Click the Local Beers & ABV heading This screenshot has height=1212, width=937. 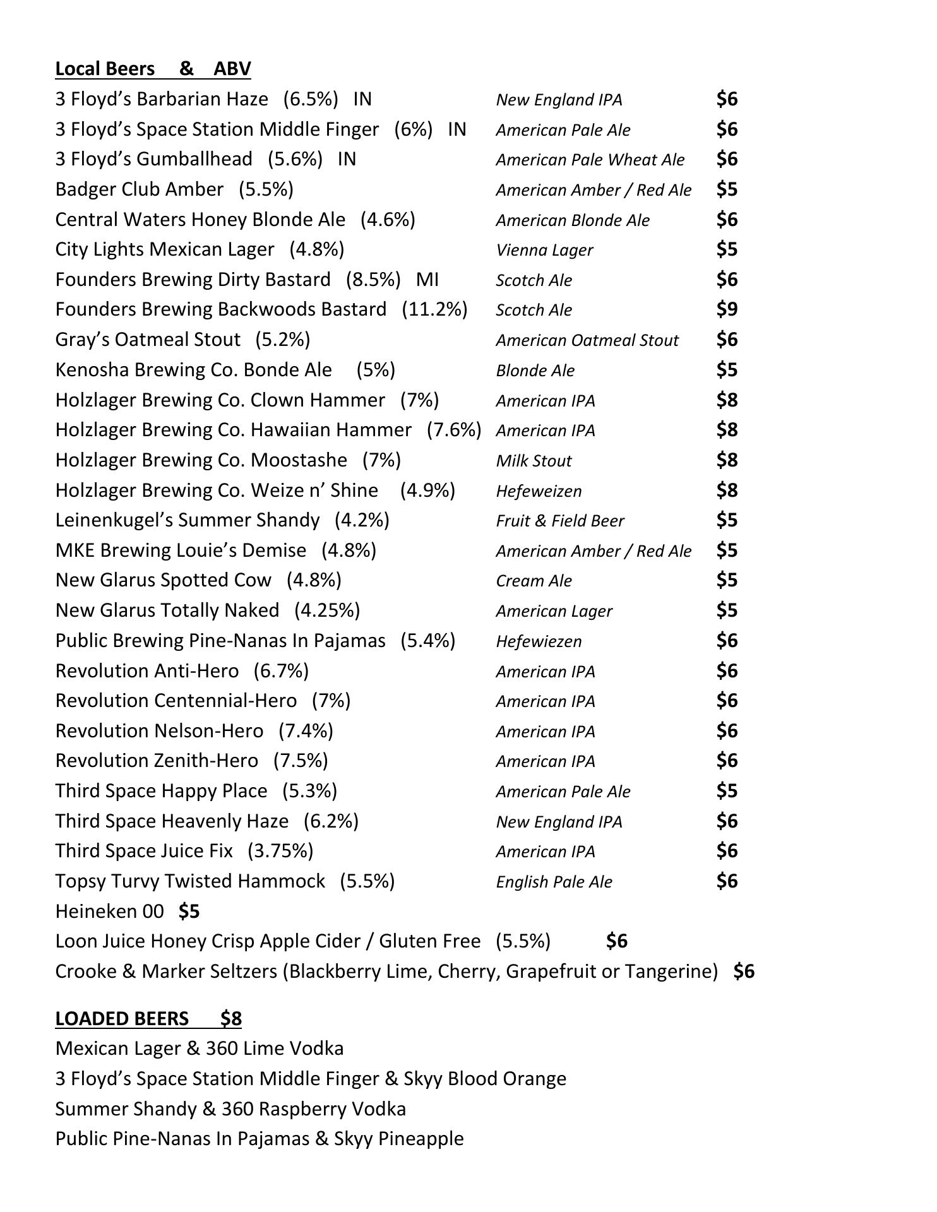[x=153, y=68]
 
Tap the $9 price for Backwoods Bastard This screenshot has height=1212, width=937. [x=727, y=309]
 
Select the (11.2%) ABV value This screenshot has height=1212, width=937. [x=434, y=309]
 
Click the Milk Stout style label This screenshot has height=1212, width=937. [x=534, y=461]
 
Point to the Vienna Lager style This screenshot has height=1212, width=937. [x=544, y=250]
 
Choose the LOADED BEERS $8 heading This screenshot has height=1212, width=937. [x=148, y=1018]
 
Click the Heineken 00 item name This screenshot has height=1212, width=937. [x=109, y=911]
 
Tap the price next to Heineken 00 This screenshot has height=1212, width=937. [x=189, y=911]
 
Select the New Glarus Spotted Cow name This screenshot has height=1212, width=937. [x=163, y=580]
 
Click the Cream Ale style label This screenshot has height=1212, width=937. [x=534, y=581]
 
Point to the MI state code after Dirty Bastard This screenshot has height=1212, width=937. [x=427, y=279]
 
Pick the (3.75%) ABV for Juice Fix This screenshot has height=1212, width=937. [x=280, y=851]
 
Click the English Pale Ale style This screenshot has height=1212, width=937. [x=554, y=882]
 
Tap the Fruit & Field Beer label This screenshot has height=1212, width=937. [x=559, y=521]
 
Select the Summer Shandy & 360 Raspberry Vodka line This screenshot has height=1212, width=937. [x=230, y=1108]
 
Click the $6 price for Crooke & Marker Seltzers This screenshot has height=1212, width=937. [x=744, y=971]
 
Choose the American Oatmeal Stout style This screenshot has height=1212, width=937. [x=587, y=340]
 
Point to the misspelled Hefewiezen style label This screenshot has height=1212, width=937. [x=539, y=641]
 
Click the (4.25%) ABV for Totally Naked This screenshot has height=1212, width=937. [x=327, y=610]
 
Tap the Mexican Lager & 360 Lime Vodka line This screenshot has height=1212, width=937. [x=200, y=1049]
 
